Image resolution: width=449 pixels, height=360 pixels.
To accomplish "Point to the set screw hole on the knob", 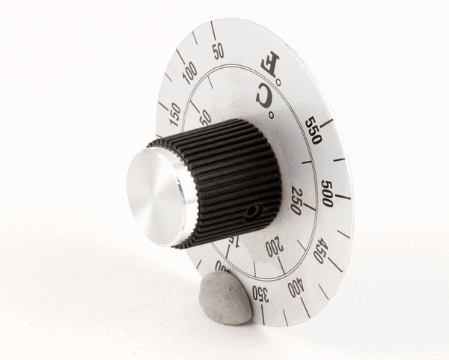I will coord(252,211).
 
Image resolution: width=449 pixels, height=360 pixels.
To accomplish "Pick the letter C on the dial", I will coord(263,95).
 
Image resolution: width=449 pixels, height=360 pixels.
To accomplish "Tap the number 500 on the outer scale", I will coord(327,192).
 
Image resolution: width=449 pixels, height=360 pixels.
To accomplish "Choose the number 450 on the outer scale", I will coord(320,249).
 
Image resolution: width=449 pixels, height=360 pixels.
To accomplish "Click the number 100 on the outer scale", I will coord(189,73).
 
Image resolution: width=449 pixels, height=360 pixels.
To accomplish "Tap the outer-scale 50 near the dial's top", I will coord(218,51).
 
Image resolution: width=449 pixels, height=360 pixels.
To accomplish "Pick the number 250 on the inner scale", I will coord(296,201).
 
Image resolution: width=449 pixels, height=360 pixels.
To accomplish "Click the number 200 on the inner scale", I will coord(273,246).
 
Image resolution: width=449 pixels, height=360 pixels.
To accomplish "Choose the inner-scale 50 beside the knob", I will coord(205,118).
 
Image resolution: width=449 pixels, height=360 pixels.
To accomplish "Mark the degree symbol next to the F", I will coord(278,81).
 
